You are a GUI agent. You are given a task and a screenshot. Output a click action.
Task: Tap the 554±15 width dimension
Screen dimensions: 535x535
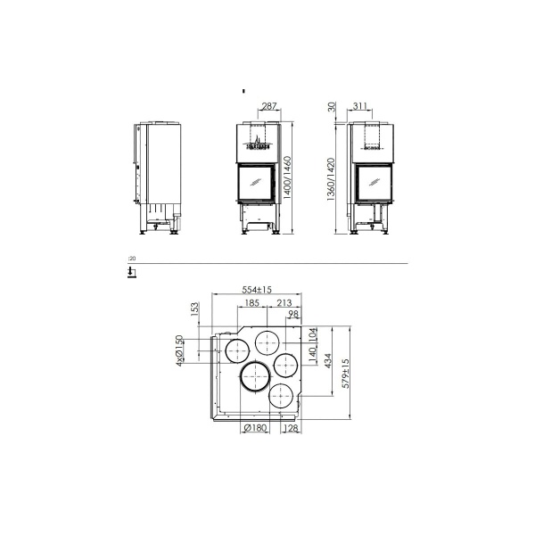point(255,290)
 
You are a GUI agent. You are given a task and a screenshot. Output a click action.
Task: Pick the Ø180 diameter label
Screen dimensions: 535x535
point(257,428)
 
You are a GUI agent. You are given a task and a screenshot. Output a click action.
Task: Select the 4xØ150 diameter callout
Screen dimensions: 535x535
point(179,350)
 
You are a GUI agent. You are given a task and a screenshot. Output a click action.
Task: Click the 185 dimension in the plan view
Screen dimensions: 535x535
point(251,304)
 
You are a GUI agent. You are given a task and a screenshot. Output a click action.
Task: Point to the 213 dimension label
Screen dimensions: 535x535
point(284,304)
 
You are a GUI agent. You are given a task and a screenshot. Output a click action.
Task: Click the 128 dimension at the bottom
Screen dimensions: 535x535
point(291,428)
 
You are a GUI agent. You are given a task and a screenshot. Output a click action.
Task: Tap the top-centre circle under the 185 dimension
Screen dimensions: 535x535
point(268,342)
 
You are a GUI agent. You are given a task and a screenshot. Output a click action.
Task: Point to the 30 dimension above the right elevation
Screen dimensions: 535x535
point(332,107)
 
